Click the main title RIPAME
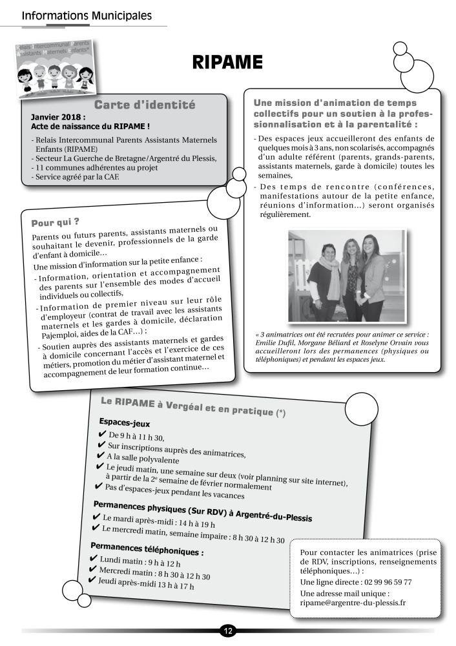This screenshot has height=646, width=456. (227, 63)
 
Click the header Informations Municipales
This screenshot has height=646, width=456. (87, 15)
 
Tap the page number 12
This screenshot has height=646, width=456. (227, 630)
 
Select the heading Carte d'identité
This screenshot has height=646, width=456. (145, 105)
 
